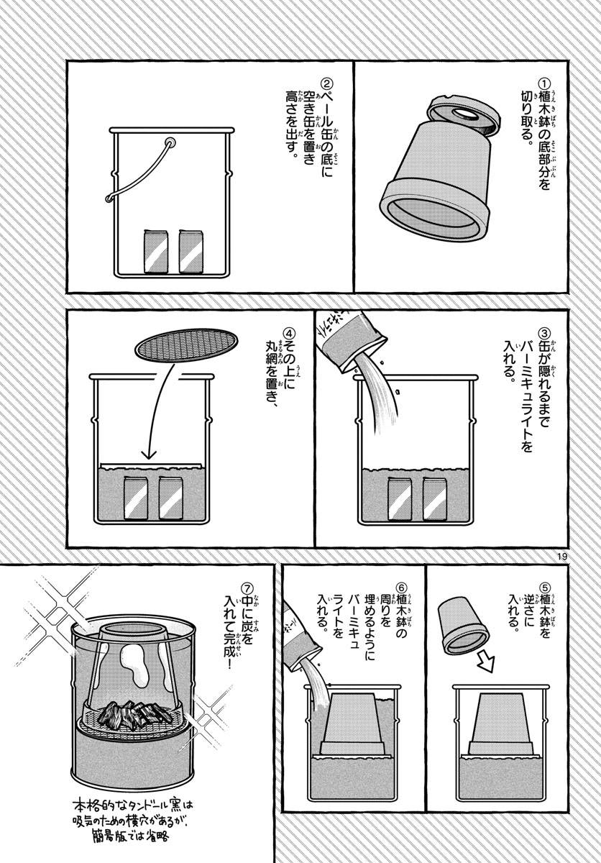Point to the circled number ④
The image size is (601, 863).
288,334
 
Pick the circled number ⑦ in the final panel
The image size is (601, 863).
247,586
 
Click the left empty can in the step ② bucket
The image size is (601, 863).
155,252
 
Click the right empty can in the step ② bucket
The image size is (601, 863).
190,252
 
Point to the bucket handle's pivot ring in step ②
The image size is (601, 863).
170,143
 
